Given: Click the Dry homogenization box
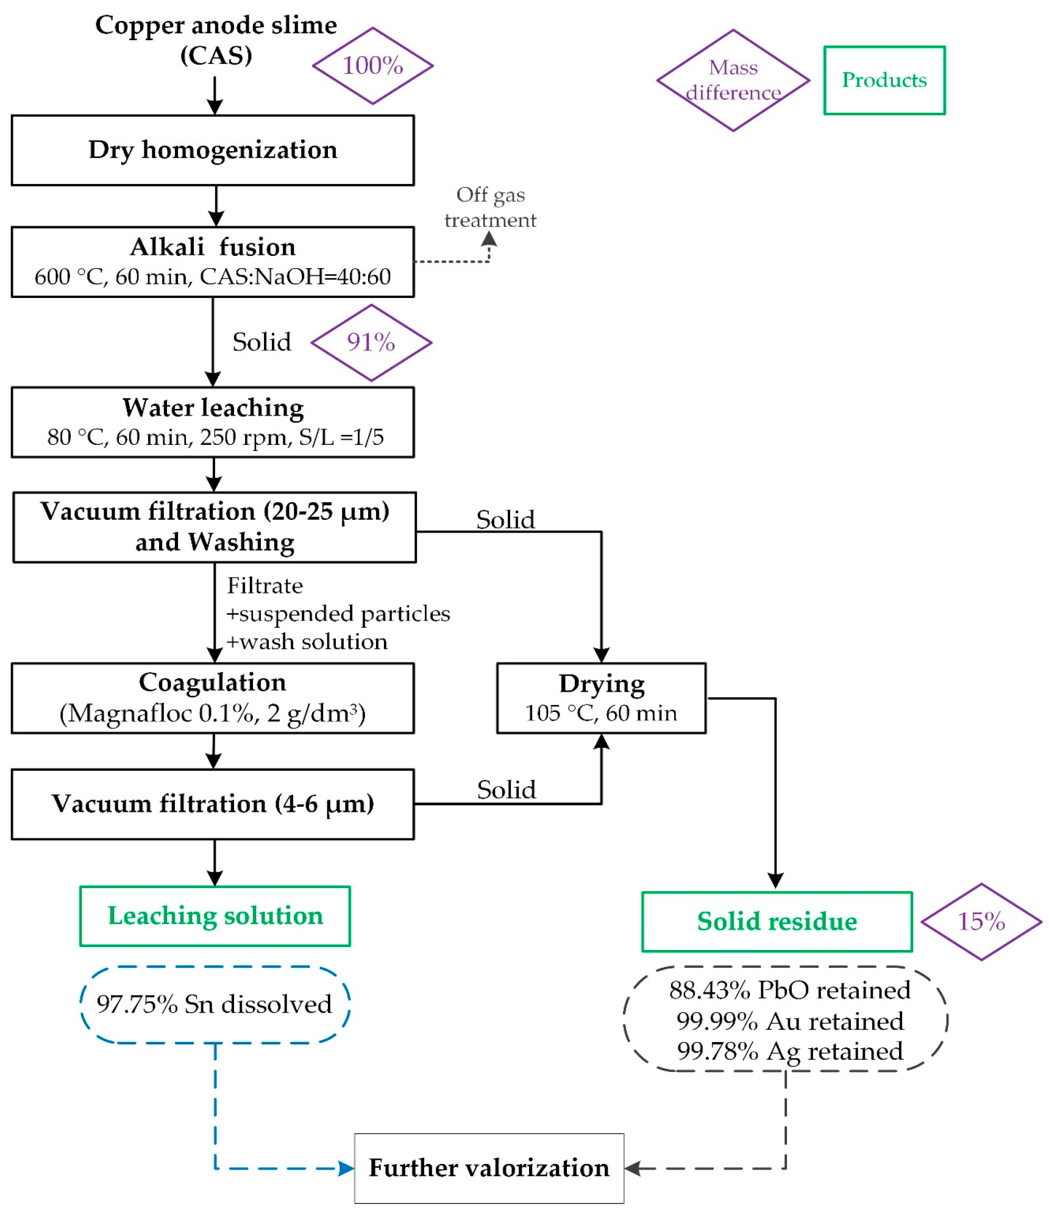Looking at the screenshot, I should pyautogui.click(x=212, y=150).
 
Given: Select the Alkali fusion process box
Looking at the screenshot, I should pyautogui.click(x=212, y=262).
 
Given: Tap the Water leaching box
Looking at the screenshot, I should pyautogui.click(x=212, y=422).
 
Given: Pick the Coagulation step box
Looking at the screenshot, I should pyautogui.click(x=212, y=698).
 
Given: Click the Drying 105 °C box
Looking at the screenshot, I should pyautogui.click(x=601, y=698).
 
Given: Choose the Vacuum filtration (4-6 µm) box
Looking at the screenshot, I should pyautogui.click(x=212, y=804).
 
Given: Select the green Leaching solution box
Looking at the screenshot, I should pyautogui.click(x=215, y=916).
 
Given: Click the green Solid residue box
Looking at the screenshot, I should pyautogui.click(x=777, y=921).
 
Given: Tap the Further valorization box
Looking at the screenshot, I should pyautogui.click(x=489, y=1168).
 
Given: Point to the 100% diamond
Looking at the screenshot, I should pyautogui.click(x=372, y=66).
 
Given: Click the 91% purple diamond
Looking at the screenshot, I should pyautogui.click(x=371, y=342).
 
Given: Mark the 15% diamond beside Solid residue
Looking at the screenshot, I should pyautogui.click(x=981, y=921).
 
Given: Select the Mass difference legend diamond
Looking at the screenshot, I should pyautogui.click(x=733, y=80).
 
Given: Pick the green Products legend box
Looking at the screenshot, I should pyautogui.click(x=884, y=80).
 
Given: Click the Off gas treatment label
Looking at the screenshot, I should pyautogui.click(x=490, y=207).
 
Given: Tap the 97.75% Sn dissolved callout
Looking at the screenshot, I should pyautogui.click(x=215, y=1004).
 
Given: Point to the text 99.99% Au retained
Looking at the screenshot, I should pyautogui.click(x=790, y=1021).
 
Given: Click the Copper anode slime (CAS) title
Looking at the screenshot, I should pyautogui.click(x=216, y=40).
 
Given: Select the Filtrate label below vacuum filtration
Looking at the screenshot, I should pyautogui.click(x=265, y=586).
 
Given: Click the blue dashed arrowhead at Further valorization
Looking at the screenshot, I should pyautogui.click(x=346, y=1168).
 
